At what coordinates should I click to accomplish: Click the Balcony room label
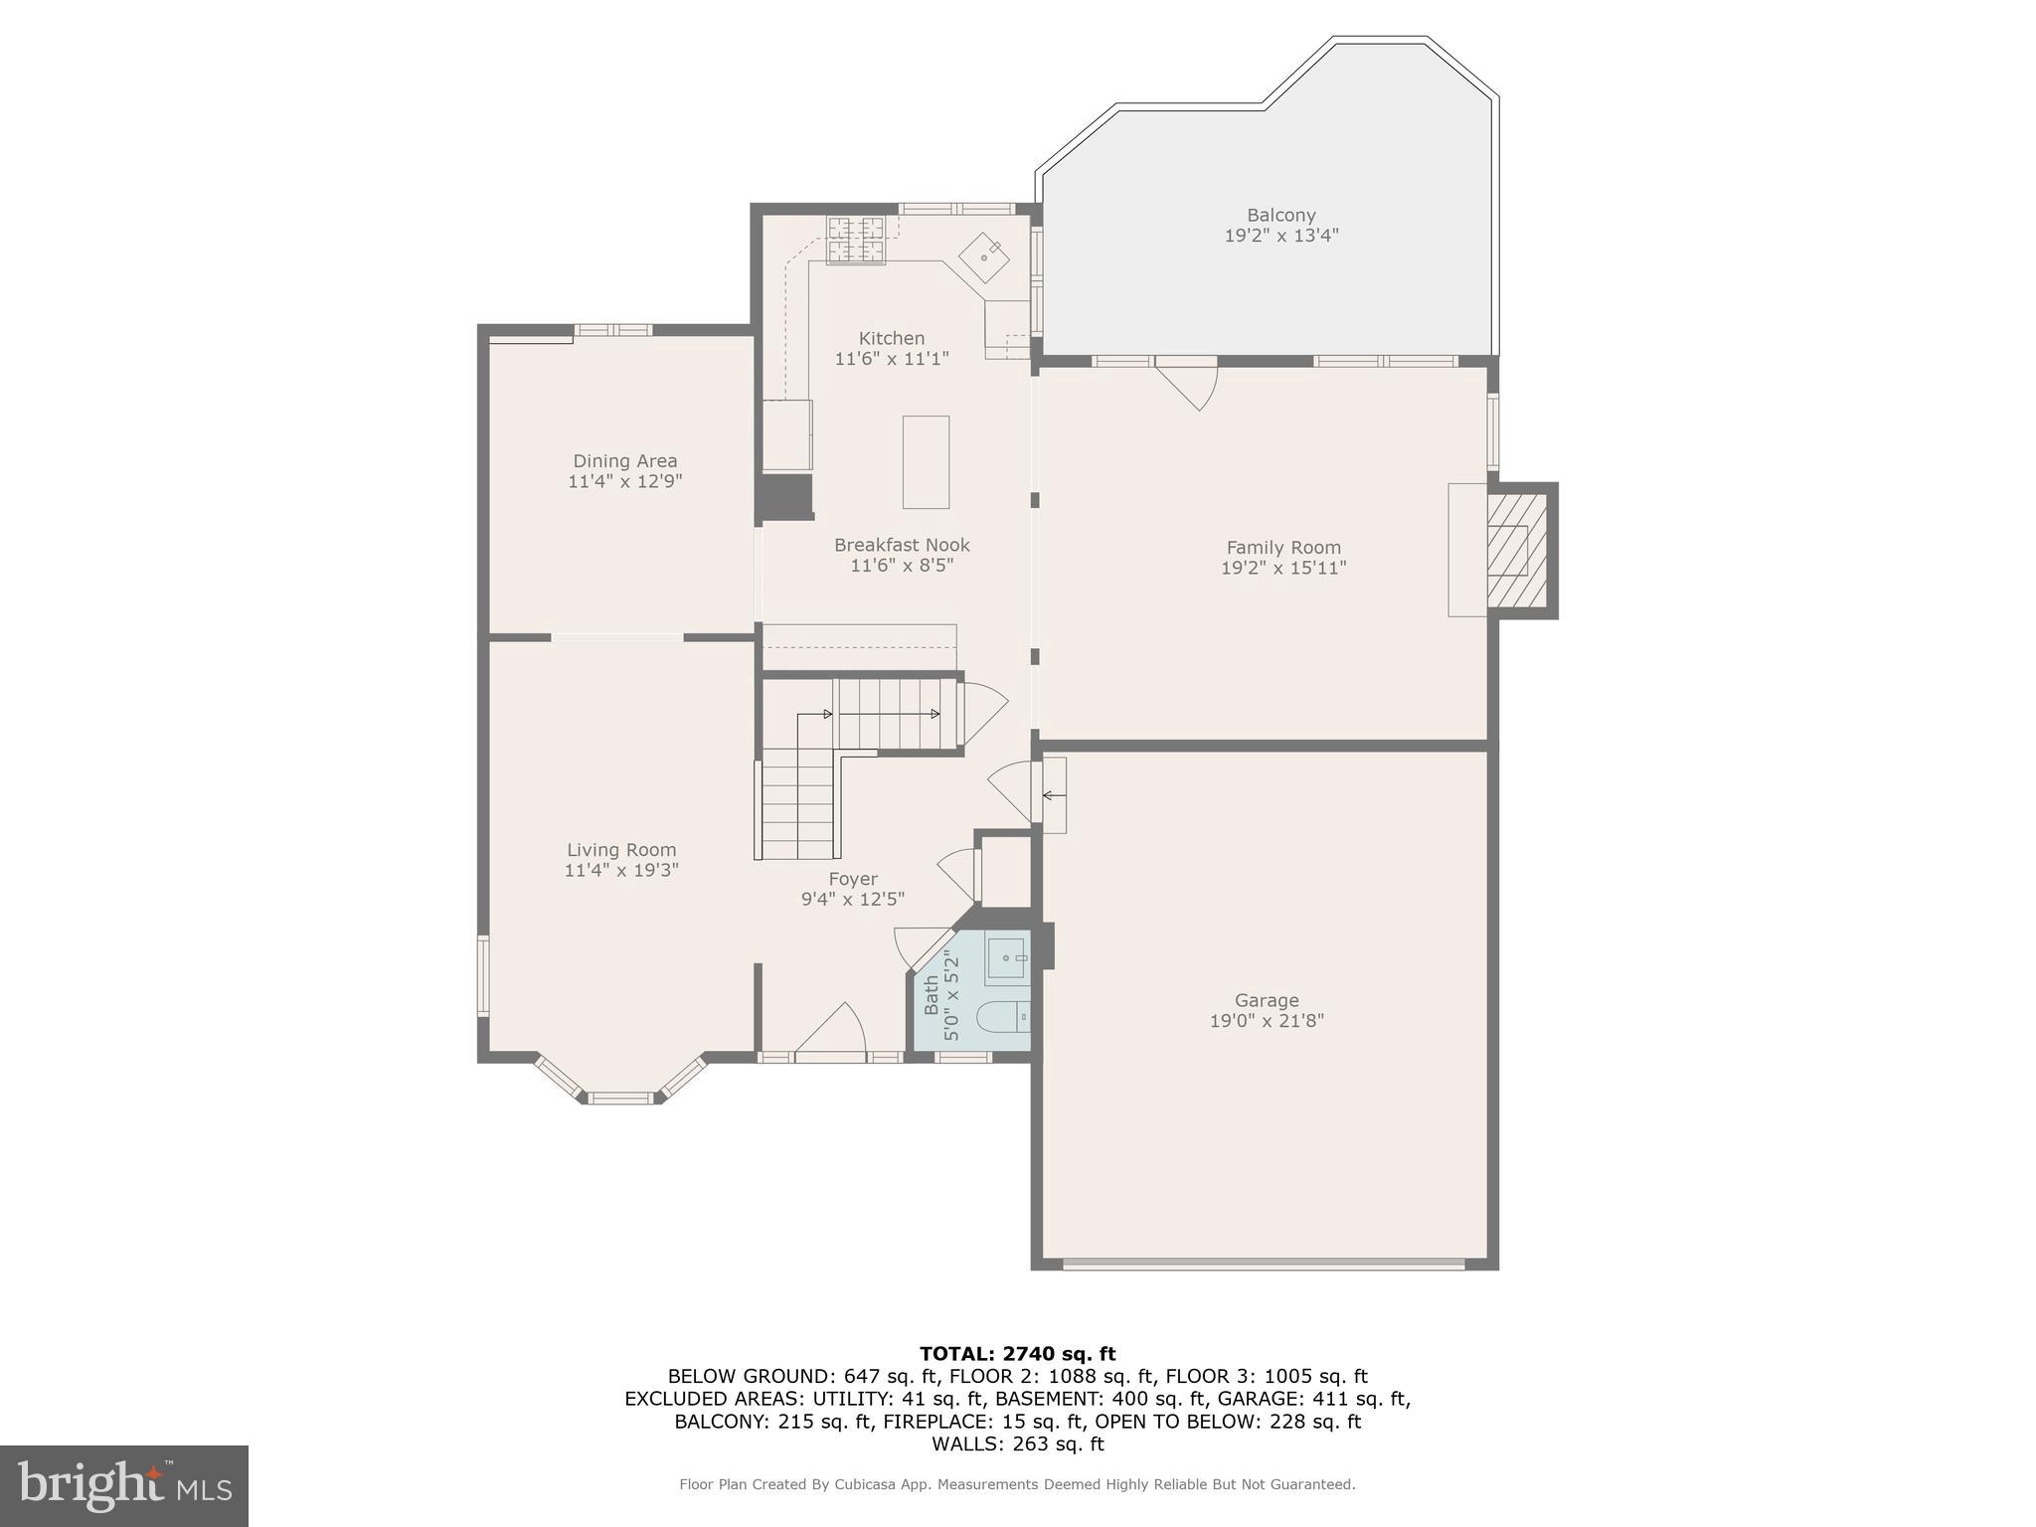1280,215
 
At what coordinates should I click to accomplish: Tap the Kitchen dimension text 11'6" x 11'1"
892,359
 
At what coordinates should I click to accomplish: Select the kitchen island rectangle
926,462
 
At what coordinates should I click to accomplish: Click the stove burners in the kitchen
855,240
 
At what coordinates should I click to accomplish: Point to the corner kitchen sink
984,257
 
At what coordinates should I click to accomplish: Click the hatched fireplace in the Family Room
1516,550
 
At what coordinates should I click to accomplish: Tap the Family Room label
1283,547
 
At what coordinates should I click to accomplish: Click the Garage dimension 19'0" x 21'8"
1267,1021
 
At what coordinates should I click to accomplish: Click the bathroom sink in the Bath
1007,958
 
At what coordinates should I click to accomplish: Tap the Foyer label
853,879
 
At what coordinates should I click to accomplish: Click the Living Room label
621,849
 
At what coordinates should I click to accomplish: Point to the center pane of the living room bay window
620,1098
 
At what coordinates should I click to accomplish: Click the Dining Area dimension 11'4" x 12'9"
624,481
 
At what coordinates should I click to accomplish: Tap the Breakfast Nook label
902,545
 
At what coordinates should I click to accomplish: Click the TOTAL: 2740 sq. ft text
1017,1353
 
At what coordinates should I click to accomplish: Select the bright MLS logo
124,1485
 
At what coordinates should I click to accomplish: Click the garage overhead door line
1264,1265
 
